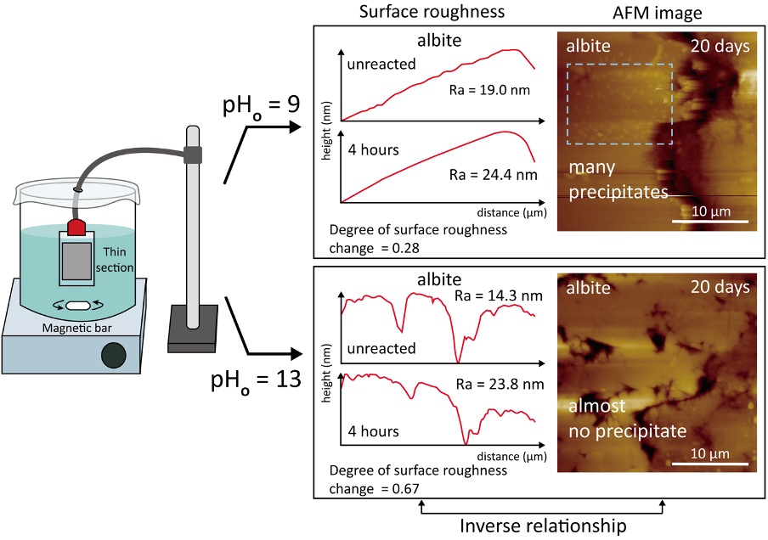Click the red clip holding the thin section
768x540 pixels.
77,226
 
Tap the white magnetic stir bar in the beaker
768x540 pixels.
78,305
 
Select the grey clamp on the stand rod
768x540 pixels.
194,154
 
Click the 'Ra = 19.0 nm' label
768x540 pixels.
488,89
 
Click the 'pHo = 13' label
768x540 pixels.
256,380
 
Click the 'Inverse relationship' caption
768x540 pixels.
543,526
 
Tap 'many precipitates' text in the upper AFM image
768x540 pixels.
618,179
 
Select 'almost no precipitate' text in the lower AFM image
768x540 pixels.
626,420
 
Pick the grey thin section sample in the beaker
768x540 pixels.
77,263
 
